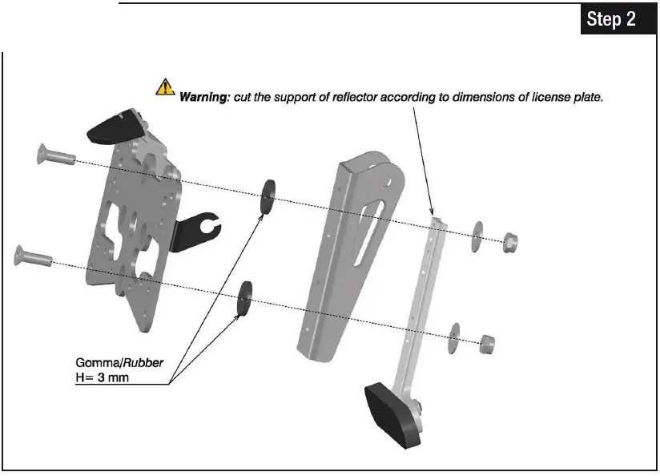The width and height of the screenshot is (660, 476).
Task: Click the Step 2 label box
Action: point(611,19)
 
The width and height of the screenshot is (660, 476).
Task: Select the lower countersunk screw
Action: point(33,256)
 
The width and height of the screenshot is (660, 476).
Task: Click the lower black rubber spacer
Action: point(244,298)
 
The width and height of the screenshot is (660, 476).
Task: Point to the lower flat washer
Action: point(456,337)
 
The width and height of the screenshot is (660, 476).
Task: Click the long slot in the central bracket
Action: point(359,229)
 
